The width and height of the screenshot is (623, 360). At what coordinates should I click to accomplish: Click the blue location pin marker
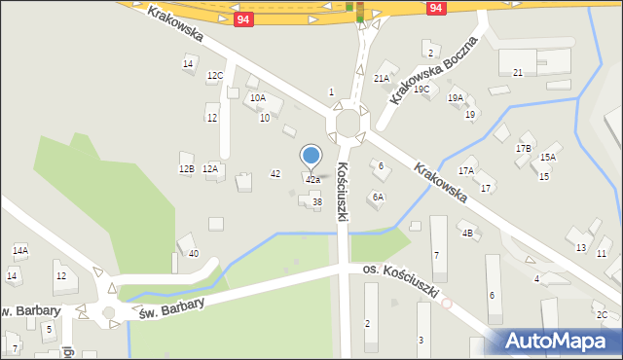[x=311, y=156]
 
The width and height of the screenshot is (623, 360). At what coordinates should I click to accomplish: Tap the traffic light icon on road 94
[x=360, y=12]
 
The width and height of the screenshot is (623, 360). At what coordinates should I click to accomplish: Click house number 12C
[x=215, y=75]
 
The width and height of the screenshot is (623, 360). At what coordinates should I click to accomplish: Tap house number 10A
[x=257, y=97]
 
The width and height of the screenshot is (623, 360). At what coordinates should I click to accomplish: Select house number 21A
[x=382, y=78]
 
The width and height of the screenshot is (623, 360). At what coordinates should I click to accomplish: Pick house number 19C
[x=421, y=90]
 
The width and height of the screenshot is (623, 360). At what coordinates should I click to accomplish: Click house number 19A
[x=456, y=97]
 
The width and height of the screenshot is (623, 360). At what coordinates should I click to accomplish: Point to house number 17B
[x=523, y=148]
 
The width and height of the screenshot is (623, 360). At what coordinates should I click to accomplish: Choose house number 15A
[x=548, y=157]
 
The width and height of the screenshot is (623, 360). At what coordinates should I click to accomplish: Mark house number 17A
[x=466, y=170]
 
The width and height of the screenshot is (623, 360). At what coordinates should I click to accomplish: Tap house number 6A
[x=377, y=197]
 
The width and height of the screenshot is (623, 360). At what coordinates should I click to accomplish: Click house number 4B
[x=467, y=233]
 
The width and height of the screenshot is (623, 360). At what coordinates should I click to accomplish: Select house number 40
[x=194, y=254]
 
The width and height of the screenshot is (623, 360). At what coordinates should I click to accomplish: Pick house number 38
[x=316, y=201]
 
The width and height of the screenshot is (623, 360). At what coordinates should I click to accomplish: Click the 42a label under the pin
[x=312, y=180]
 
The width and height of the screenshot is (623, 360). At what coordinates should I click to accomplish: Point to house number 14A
[x=19, y=250]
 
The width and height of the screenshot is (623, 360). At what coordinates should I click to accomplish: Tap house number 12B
[x=186, y=168]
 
